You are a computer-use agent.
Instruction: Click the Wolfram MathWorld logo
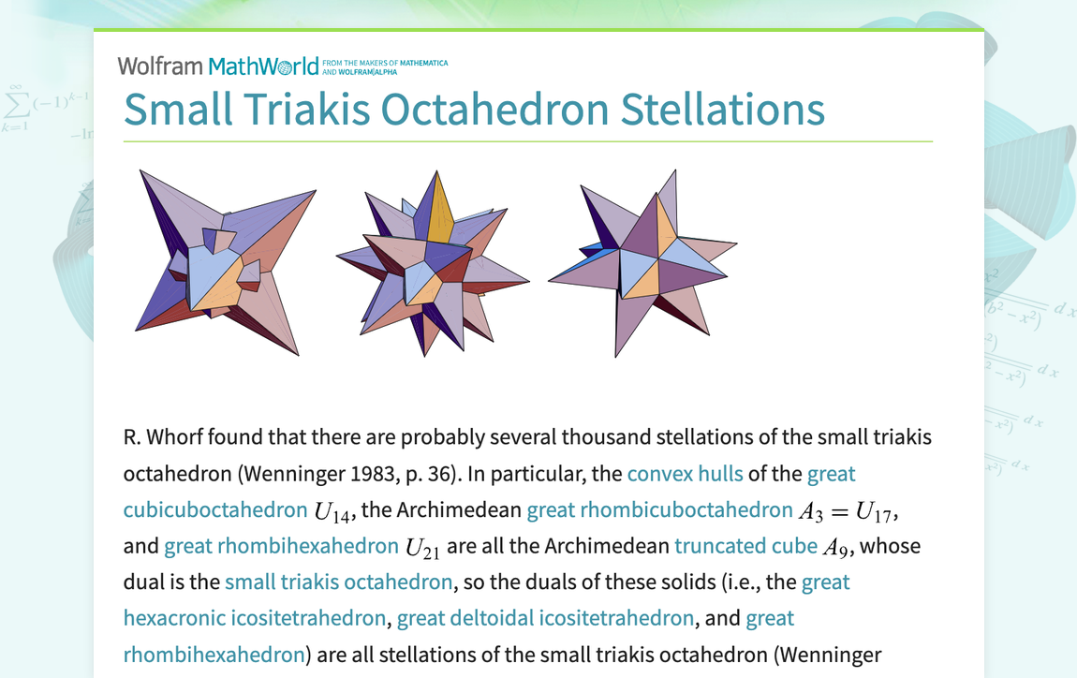[217, 66]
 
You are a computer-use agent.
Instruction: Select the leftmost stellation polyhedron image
[225, 262]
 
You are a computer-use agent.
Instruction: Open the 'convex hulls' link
[685, 474]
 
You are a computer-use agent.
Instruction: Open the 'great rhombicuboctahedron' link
[659, 510]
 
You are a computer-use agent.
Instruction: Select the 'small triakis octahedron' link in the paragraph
[339, 582]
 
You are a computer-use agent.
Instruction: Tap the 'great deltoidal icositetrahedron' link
[545, 618]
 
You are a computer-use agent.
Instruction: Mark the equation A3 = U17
[848, 511]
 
